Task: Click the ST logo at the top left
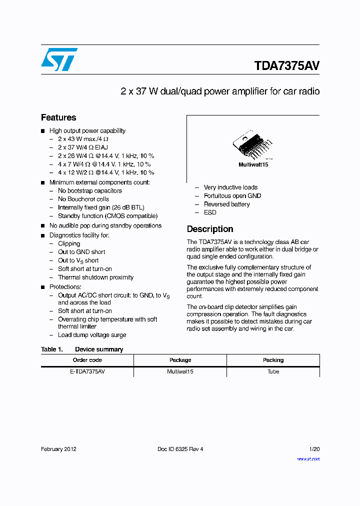click(x=59, y=59)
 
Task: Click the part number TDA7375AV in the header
click(x=286, y=66)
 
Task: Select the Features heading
click(x=58, y=117)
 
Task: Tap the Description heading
click(x=209, y=229)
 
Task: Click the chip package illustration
click(x=252, y=145)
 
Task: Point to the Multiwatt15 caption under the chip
click(x=253, y=164)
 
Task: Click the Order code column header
click(x=87, y=360)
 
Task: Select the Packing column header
click(x=273, y=360)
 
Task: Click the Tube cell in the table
click(x=273, y=371)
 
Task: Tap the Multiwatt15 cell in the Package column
click(x=180, y=371)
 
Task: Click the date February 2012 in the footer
click(x=58, y=449)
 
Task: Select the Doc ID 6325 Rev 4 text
click(x=180, y=449)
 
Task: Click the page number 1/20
click(x=314, y=449)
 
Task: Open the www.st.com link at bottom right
click(x=308, y=458)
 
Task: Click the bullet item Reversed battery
click(x=226, y=204)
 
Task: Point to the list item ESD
click(x=210, y=212)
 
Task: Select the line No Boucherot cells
click(x=83, y=199)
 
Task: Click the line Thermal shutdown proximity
click(x=95, y=277)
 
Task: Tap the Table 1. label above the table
click(x=51, y=349)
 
